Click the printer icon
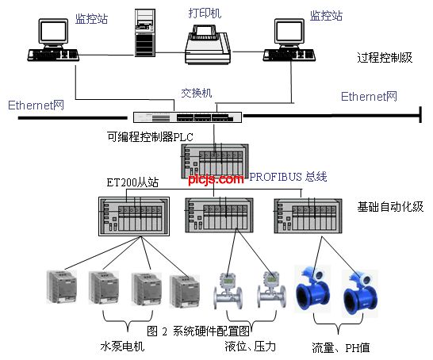208,44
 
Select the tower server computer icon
144,33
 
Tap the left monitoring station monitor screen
53,31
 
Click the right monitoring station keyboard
289,56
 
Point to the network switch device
187,117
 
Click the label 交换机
197,93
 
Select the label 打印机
205,13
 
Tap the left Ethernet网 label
36,105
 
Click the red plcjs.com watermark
216,179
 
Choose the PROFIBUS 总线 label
288,177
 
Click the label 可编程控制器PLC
150,137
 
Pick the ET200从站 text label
132,182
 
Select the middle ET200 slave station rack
219,216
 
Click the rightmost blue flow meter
359,293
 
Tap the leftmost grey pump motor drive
62,286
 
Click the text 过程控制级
385,58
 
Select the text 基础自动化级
390,207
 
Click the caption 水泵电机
122,347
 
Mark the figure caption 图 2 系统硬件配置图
198,331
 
